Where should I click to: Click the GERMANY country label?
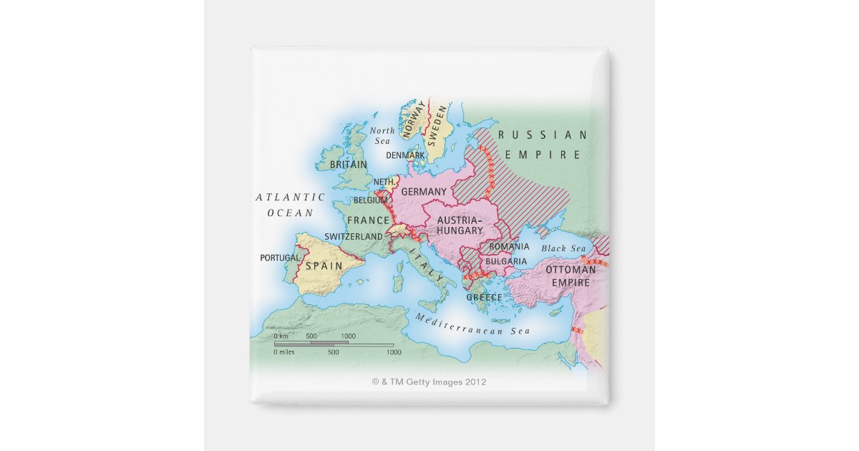[x=424, y=192]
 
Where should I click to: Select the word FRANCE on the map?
[x=369, y=220]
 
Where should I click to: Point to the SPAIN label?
[x=324, y=266]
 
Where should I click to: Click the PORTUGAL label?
[x=280, y=258]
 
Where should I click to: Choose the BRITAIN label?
[x=348, y=165]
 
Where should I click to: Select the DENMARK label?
[x=405, y=155]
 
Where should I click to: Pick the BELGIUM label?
[x=370, y=200]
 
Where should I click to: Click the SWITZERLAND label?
[x=354, y=236]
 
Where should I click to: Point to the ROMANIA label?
[x=509, y=246]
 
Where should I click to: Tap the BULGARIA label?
[x=506, y=262]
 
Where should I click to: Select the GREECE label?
[x=484, y=297]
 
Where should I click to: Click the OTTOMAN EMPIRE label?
[x=571, y=276]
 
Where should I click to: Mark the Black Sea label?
[x=563, y=248]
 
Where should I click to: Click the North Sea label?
[x=382, y=136]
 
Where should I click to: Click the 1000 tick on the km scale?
[x=348, y=336]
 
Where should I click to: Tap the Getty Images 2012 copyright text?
[x=429, y=382]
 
